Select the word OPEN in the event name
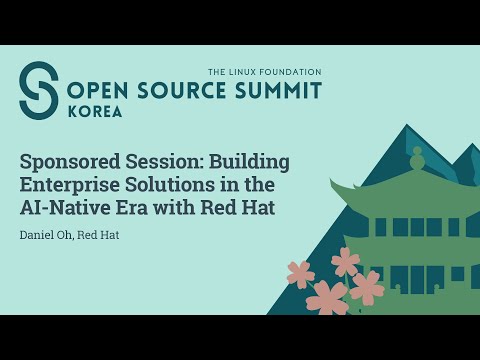tap(97, 91)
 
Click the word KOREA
tap(94, 112)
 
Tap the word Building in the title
tap(251, 160)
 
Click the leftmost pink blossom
tap(299, 273)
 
